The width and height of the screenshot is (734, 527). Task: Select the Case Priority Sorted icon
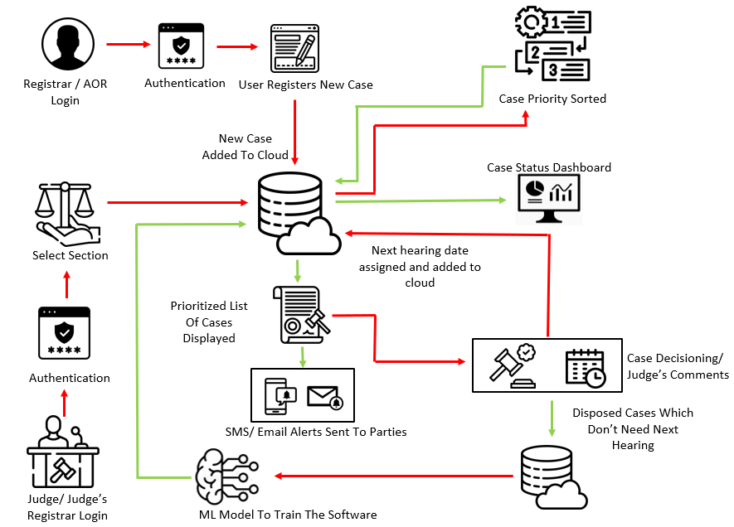click(552, 45)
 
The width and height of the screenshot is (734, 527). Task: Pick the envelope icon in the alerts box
click(324, 396)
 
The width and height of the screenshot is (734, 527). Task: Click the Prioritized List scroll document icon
click(300, 315)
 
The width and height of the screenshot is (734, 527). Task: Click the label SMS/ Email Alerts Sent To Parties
click(316, 432)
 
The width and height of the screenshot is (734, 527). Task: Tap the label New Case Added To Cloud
click(245, 147)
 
